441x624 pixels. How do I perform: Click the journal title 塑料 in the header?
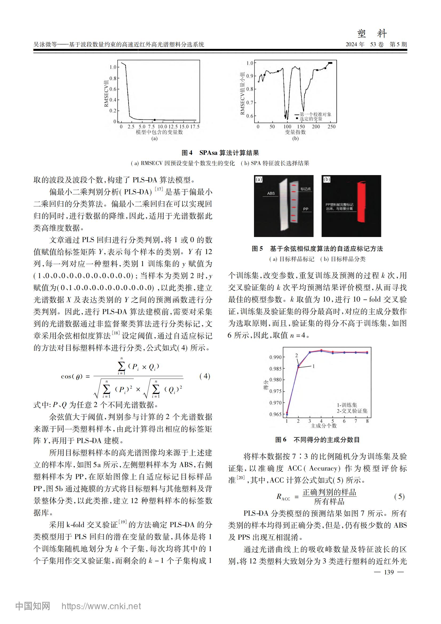click(x=372, y=34)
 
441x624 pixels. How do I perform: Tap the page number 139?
click(x=389, y=572)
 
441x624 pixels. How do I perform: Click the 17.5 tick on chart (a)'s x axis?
click(x=195, y=127)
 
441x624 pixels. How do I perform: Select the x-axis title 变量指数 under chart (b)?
click(x=295, y=132)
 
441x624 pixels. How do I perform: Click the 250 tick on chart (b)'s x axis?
click(x=332, y=127)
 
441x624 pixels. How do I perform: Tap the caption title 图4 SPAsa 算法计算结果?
click(x=220, y=153)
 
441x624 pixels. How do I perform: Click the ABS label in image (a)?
click(x=271, y=193)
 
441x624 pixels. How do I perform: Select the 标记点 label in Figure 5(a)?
click(x=305, y=189)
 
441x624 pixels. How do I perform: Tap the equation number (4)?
click(x=205, y=376)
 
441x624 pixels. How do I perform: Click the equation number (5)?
click(x=399, y=496)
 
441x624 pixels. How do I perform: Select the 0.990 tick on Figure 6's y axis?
click(x=275, y=357)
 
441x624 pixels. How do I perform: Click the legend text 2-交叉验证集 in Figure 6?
click(x=352, y=411)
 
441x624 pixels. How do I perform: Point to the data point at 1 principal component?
click(x=287, y=413)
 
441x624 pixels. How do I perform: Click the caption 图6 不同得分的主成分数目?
click(x=317, y=440)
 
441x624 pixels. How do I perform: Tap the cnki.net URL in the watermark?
click(x=101, y=606)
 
